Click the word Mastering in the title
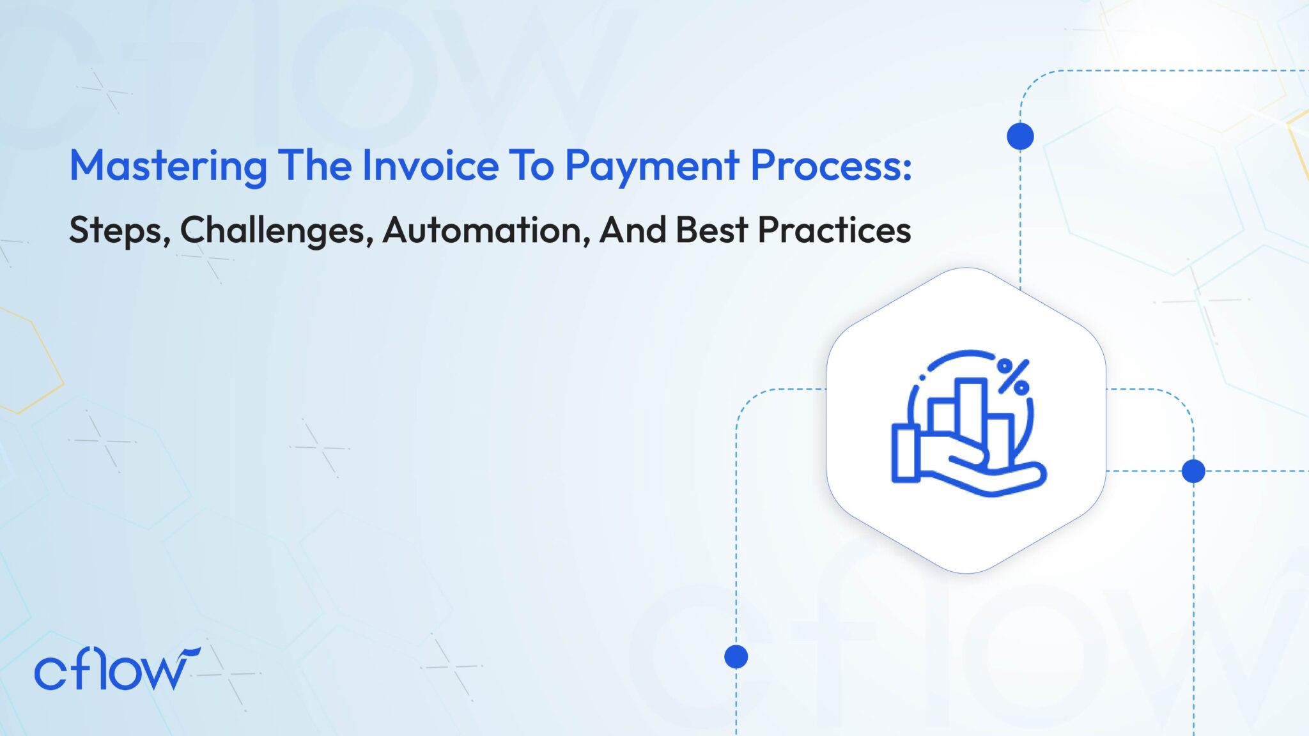[x=168, y=166]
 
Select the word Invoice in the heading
[x=430, y=165]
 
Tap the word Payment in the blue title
[x=651, y=166]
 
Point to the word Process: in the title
[x=831, y=165]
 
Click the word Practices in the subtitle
[x=834, y=229]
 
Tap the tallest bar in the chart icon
[x=971, y=412]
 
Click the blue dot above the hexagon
[x=1020, y=136]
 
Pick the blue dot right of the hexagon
[x=1193, y=471]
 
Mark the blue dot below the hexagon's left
[x=736, y=656]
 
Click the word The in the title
[x=314, y=165]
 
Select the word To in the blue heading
[x=531, y=165]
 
